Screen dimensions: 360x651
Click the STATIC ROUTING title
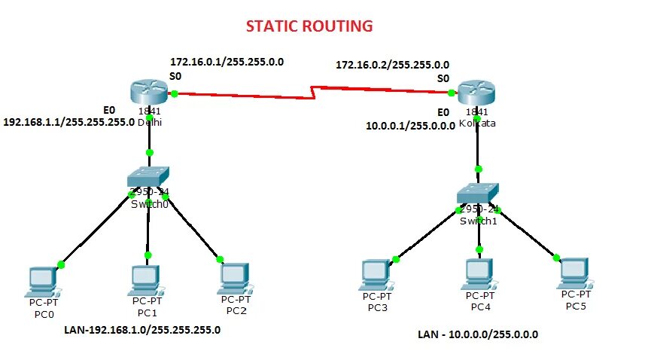pos(309,26)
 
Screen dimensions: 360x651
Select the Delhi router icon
pos(149,93)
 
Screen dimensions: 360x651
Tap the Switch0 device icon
pos(149,178)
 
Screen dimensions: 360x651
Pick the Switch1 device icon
pos(478,194)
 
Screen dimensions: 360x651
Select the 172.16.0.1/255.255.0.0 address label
pos(227,62)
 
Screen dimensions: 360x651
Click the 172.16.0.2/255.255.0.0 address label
pos(392,65)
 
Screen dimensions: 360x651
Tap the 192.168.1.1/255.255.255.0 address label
pos(68,121)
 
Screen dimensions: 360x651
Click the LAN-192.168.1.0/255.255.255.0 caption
pos(141,329)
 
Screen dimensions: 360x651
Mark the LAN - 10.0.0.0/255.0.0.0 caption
pos(478,334)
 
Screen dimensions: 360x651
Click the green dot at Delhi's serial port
pos(174,93)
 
